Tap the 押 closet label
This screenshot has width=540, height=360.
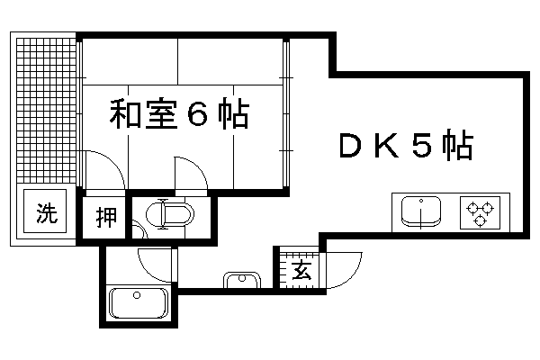click(105, 217)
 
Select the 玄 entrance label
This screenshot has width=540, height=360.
click(302, 270)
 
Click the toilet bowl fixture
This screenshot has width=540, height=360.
click(170, 214)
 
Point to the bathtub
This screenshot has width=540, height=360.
click(138, 303)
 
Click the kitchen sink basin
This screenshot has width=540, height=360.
click(421, 211)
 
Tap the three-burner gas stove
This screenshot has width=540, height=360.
click(480, 213)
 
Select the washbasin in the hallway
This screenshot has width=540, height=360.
click(242, 280)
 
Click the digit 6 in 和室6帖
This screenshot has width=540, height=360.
click(198, 113)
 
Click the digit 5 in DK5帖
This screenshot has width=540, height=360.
click(422, 144)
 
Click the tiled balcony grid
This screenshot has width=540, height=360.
click(46, 110)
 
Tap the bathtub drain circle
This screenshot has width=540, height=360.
click(137, 295)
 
